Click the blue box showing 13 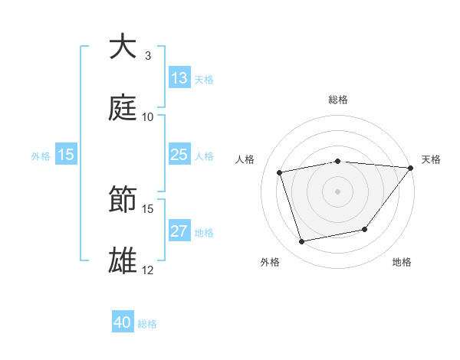[x=179, y=77]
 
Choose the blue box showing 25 [x=179, y=155]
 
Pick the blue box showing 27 [x=179, y=231]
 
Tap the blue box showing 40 [x=123, y=322]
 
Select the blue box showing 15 [x=66, y=155]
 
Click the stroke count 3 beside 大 [x=148, y=55]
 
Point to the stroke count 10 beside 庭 [x=148, y=116]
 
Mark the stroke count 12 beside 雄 [x=148, y=270]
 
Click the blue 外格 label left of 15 [x=41, y=155]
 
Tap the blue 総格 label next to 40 [x=147, y=323]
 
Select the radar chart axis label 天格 [x=432, y=159]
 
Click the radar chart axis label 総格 [x=338, y=100]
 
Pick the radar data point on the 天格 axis [x=411, y=168]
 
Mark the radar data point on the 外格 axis [x=302, y=242]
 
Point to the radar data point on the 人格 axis [x=280, y=172]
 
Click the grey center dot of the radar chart [x=338, y=191]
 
